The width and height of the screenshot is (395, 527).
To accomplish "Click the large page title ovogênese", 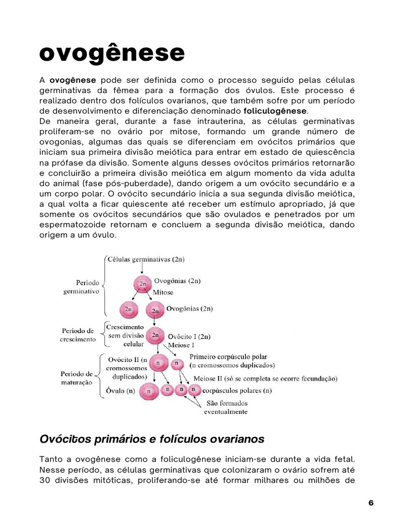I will pos(112,53).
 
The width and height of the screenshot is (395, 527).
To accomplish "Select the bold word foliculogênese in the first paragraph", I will pos(275,111).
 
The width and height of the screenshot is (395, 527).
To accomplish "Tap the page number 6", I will pos(371,503).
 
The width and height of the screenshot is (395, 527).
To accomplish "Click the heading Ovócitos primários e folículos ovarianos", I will pos(152,439).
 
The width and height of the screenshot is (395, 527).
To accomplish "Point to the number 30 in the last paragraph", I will pos(45,480).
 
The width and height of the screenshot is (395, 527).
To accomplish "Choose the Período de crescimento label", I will pos(77,335).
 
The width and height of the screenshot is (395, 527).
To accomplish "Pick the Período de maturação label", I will pos(77,378).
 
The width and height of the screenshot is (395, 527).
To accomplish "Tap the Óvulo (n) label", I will pos(120,391).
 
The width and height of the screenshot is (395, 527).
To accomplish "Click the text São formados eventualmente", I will pos(226,407).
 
